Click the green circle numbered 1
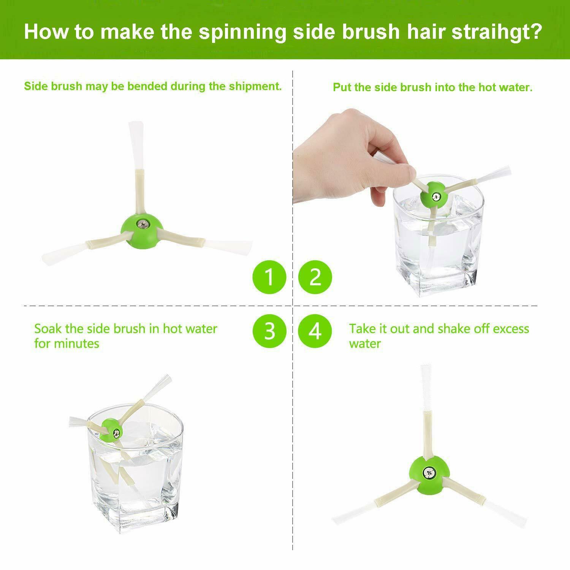pyautogui.click(x=269, y=277)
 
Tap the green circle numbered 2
pyautogui.click(x=315, y=277)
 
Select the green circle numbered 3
pyautogui.click(x=269, y=331)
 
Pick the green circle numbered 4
pyautogui.click(x=315, y=331)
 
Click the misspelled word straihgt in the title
pyautogui.click(x=496, y=32)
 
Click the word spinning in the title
pyautogui.click(x=242, y=32)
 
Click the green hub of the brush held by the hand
pyautogui.click(x=434, y=195)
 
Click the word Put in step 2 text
pyautogui.click(x=342, y=87)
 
